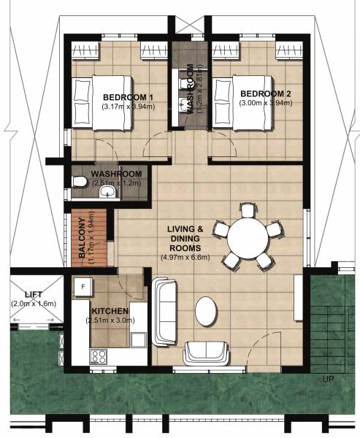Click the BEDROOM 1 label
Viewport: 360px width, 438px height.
pyautogui.click(x=128, y=97)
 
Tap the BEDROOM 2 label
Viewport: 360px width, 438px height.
pyautogui.click(x=265, y=93)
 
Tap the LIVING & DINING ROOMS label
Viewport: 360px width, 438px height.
pyautogui.click(x=185, y=237)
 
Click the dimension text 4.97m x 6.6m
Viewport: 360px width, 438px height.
pyautogui.click(x=185, y=256)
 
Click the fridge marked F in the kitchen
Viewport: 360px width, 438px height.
pyautogui.click(x=83, y=286)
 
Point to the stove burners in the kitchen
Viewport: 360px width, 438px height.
pyautogui.click(x=96, y=356)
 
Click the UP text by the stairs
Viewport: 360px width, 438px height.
pyautogui.click(x=327, y=380)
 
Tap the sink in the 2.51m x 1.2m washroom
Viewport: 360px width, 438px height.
pyautogui.click(x=107, y=192)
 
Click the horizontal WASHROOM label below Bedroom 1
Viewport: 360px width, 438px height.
pyautogui.click(x=115, y=174)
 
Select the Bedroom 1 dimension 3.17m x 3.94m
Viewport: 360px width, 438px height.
pyautogui.click(x=128, y=107)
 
